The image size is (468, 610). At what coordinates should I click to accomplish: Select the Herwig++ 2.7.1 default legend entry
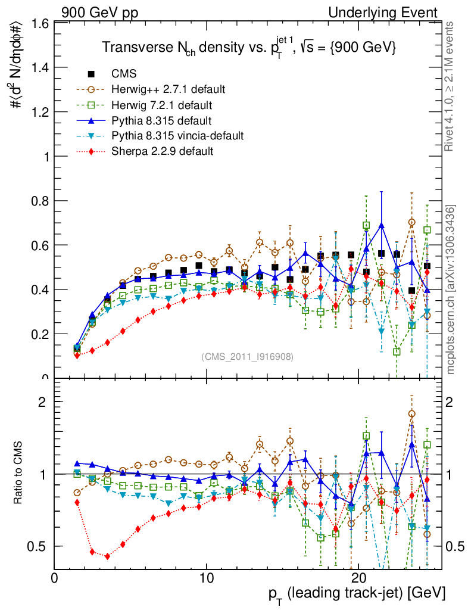168,89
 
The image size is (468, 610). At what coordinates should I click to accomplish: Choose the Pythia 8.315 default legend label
161,120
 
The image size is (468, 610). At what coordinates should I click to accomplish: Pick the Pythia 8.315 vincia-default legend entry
177,136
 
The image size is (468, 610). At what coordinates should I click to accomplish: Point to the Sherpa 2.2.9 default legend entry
163,151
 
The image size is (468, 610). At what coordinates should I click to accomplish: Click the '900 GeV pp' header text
94,11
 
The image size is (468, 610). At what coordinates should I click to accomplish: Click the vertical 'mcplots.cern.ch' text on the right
451,289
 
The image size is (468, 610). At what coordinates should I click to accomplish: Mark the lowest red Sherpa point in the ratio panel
107,556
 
